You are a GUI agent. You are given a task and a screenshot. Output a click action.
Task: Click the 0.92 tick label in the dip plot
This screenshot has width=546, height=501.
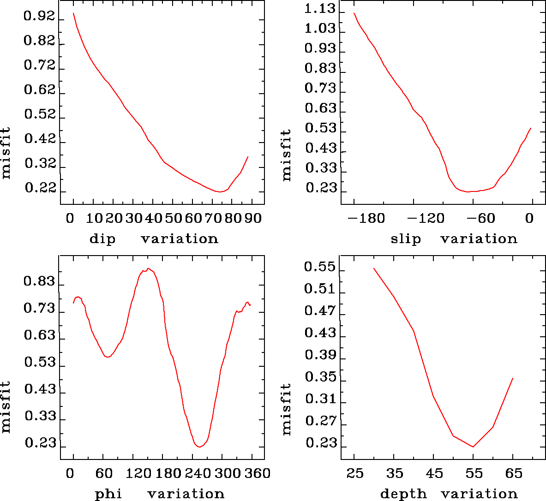[x=39, y=18]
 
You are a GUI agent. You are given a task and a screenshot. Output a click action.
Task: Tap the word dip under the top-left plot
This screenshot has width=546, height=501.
[x=102, y=239]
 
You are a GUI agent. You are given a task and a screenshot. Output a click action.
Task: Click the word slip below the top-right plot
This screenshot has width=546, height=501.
[x=406, y=239]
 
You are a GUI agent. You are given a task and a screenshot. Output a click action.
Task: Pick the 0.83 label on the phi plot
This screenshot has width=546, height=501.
[x=40, y=281]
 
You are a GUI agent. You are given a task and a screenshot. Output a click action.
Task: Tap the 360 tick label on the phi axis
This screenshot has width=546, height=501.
[x=256, y=473]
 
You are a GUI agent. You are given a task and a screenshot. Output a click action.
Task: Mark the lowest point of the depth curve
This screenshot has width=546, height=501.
[x=473, y=447]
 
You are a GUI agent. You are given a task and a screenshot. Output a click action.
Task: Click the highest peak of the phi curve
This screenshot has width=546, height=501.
[x=148, y=268]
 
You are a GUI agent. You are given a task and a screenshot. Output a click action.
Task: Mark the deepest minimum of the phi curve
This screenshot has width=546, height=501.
[x=199, y=447]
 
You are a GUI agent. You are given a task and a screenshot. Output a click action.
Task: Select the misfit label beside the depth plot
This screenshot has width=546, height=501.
[x=287, y=409]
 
